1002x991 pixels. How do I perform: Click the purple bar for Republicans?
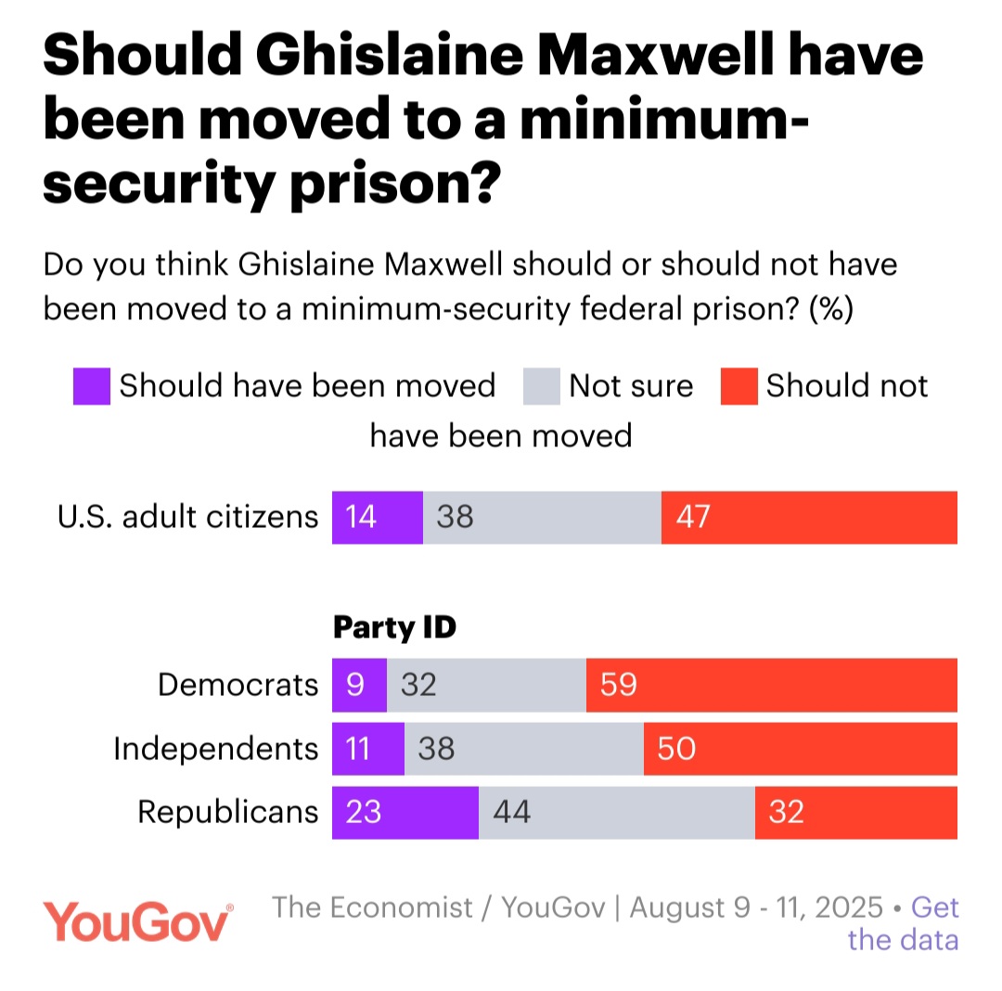coord(405,813)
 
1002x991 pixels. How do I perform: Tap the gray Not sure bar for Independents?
coord(524,748)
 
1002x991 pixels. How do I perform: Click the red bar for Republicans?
coord(856,813)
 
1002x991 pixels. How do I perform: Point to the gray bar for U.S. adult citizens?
coord(543,517)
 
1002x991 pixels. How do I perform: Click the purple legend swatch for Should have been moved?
coord(92,386)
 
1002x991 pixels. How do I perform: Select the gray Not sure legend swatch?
coord(542,386)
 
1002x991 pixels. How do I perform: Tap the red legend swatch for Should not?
coord(739,386)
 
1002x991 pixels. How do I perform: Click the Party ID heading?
coord(394,627)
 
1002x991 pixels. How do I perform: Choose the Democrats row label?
coord(238,685)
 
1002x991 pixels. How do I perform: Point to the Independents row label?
coord(216,748)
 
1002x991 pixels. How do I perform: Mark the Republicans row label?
coord(228,813)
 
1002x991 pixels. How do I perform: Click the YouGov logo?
coord(138,922)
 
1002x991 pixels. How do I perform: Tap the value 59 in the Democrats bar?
coord(618,685)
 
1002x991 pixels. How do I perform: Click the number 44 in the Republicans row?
coord(511,813)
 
